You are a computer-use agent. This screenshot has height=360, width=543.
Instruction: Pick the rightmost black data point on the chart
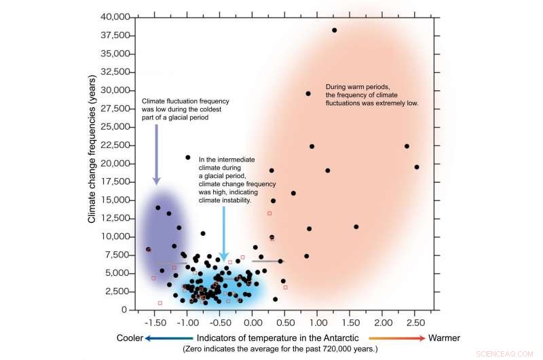point(417,167)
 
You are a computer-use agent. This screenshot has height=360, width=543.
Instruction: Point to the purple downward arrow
point(156,155)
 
